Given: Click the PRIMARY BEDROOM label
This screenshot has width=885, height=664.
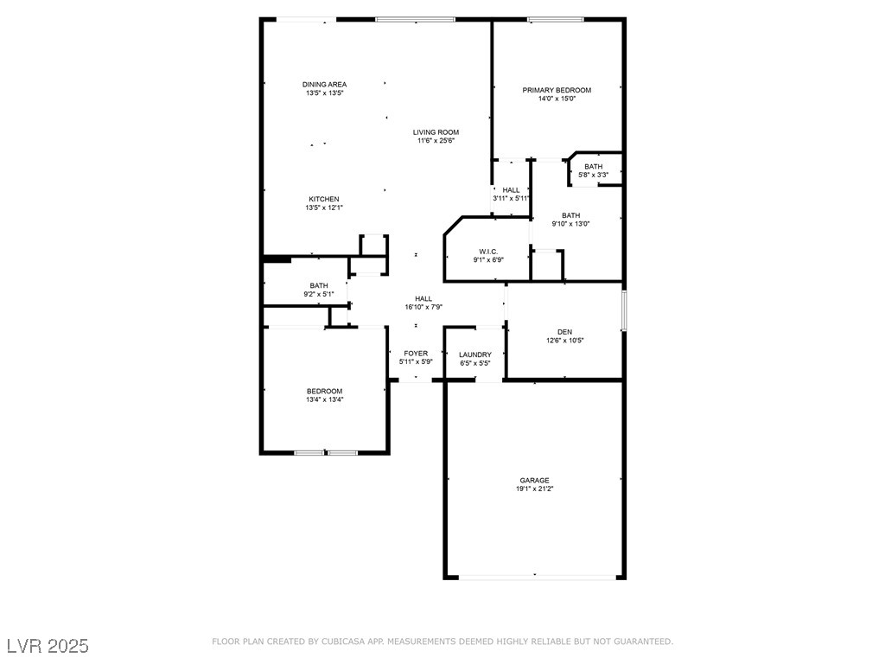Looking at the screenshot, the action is point(557,90).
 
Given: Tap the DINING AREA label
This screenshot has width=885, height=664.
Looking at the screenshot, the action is point(325,85).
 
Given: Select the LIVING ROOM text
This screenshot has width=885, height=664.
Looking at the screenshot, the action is point(436,132).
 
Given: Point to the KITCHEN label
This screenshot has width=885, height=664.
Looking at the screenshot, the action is point(324,200).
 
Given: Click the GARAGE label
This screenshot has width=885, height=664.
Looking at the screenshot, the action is point(534,481).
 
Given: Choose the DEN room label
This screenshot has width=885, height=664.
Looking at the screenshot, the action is point(564,332).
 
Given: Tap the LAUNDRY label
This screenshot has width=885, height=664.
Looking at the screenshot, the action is point(475,354).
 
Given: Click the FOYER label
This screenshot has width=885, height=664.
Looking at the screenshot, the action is point(416,354).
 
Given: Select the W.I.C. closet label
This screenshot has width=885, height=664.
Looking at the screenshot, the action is point(488,252).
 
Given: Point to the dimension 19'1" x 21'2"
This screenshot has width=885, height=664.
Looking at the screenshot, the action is point(534,489).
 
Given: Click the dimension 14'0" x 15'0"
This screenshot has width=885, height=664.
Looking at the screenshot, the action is point(557,99).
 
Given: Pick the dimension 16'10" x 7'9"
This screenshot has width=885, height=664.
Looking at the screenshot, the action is point(423,308).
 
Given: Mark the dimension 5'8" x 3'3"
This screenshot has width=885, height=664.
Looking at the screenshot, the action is point(593,175).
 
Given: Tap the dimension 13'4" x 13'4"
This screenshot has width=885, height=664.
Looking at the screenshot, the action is point(325,399).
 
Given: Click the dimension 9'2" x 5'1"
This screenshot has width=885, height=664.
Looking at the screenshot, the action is point(319,294).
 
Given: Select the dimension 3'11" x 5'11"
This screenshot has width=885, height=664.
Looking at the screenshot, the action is point(512,199).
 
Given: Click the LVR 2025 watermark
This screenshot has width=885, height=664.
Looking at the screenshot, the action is point(48,646).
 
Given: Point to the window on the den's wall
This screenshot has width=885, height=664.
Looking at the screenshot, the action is point(624,310).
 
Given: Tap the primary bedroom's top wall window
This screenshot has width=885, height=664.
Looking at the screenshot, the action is point(556,20).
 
